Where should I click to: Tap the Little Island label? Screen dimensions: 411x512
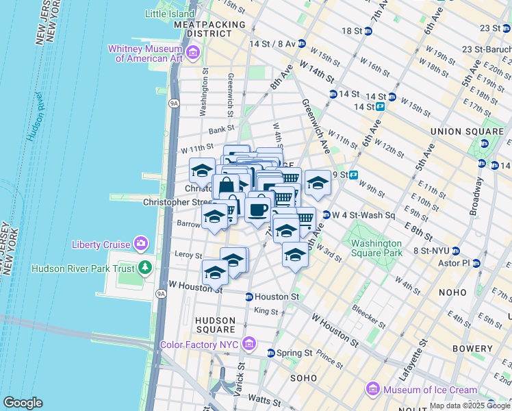(170, 14)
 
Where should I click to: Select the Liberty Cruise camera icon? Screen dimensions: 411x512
(142, 243)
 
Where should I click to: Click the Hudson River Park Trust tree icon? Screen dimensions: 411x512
(144, 266)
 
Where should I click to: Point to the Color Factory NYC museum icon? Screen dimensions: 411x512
(249, 342)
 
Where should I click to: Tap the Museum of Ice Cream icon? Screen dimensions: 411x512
(373, 389)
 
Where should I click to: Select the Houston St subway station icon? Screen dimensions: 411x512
(249, 297)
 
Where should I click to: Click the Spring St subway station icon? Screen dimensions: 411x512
(270, 353)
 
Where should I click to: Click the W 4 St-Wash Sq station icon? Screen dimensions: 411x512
(327, 214)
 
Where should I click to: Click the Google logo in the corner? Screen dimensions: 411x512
(23, 402)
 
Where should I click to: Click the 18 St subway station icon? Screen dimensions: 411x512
(368, 31)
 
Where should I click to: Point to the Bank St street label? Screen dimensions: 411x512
(221, 128)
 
